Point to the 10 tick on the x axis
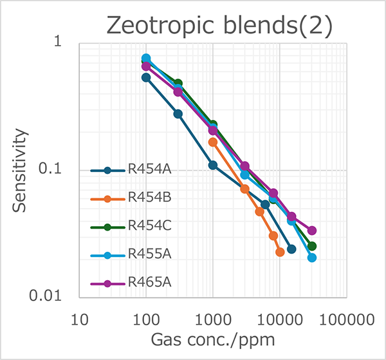pos(79,318)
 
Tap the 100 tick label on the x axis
pos(146,318)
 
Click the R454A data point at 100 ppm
pos(146,77)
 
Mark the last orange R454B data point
pos(280,252)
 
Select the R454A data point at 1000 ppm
pos(213,165)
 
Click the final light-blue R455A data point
pos(312,258)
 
